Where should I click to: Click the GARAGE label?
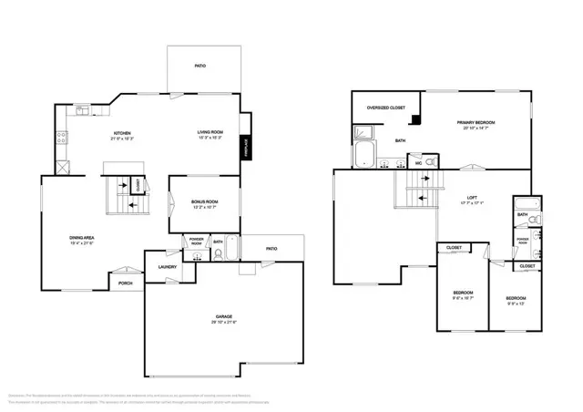pyautogui.click(x=223, y=317)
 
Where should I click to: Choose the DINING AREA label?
pyautogui.click(x=83, y=238)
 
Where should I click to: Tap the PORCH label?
pyautogui.click(x=126, y=283)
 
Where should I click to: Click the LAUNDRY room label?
pyautogui.click(x=167, y=266)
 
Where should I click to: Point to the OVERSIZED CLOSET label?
pyautogui.click(x=384, y=108)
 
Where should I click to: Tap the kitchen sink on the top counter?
pyautogui.click(x=83, y=110)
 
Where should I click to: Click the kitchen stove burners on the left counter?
pyautogui.click(x=62, y=139)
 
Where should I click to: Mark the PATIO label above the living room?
pyautogui.click(x=200, y=66)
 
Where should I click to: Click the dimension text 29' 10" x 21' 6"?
pyautogui.click(x=223, y=324)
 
